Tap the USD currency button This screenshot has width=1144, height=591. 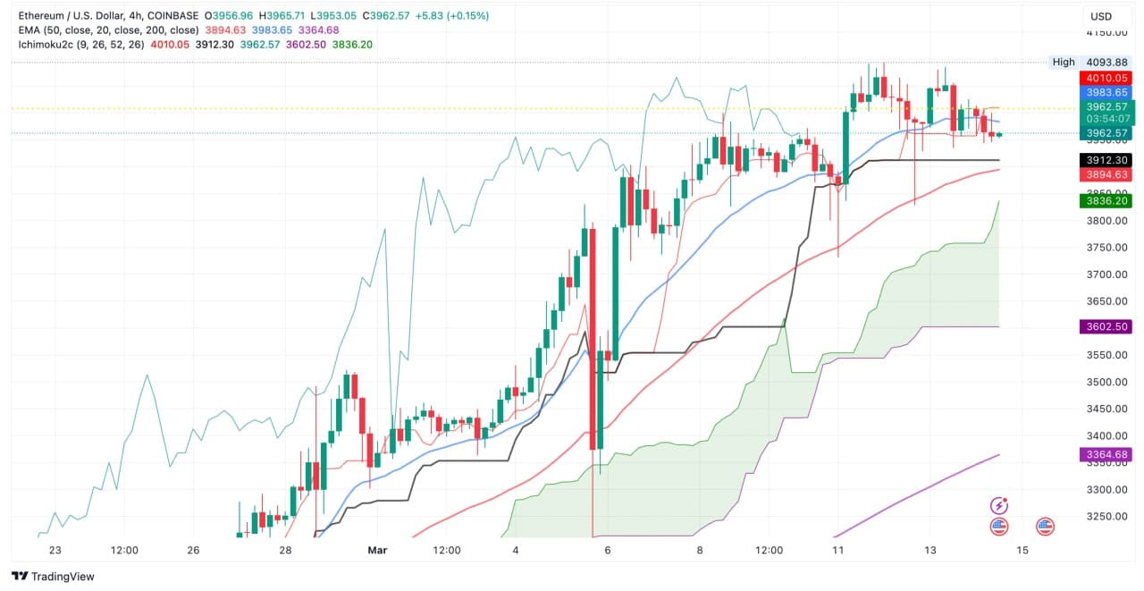tap(1100, 16)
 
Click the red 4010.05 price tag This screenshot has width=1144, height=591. tap(1106, 78)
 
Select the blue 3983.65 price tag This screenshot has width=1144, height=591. tap(1106, 92)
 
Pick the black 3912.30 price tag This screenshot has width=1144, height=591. tap(1106, 160)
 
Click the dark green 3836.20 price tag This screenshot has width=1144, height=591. tap(1106, 201)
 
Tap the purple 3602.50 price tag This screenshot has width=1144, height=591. tap(1106, 327)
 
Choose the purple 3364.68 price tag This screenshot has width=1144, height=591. tap(1106, 455)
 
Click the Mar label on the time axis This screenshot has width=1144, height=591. tap(376, 551)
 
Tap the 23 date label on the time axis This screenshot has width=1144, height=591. tap(55, 551)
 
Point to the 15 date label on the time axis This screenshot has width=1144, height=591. tap(1022, 551)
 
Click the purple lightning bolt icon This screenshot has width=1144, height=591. tap(999, 506)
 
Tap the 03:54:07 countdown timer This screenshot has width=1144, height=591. tap(1106, 119)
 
